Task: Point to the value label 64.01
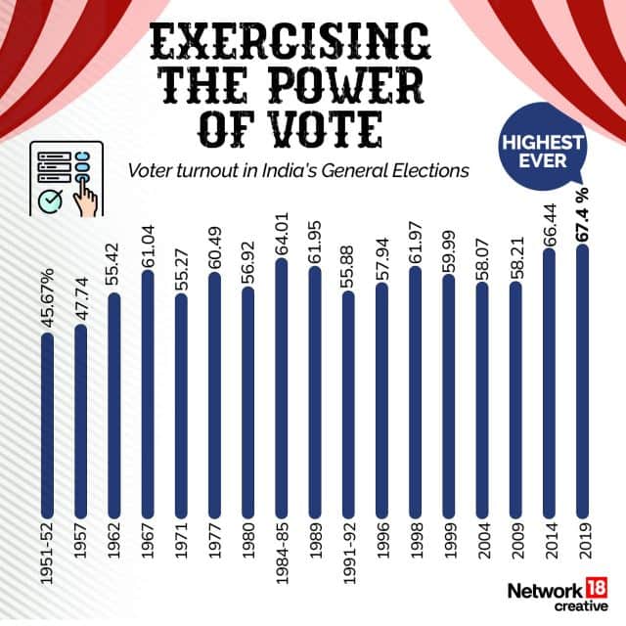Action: pos(282,227)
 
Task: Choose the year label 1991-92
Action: pos(347,558)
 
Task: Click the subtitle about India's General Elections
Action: pos(298,171)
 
